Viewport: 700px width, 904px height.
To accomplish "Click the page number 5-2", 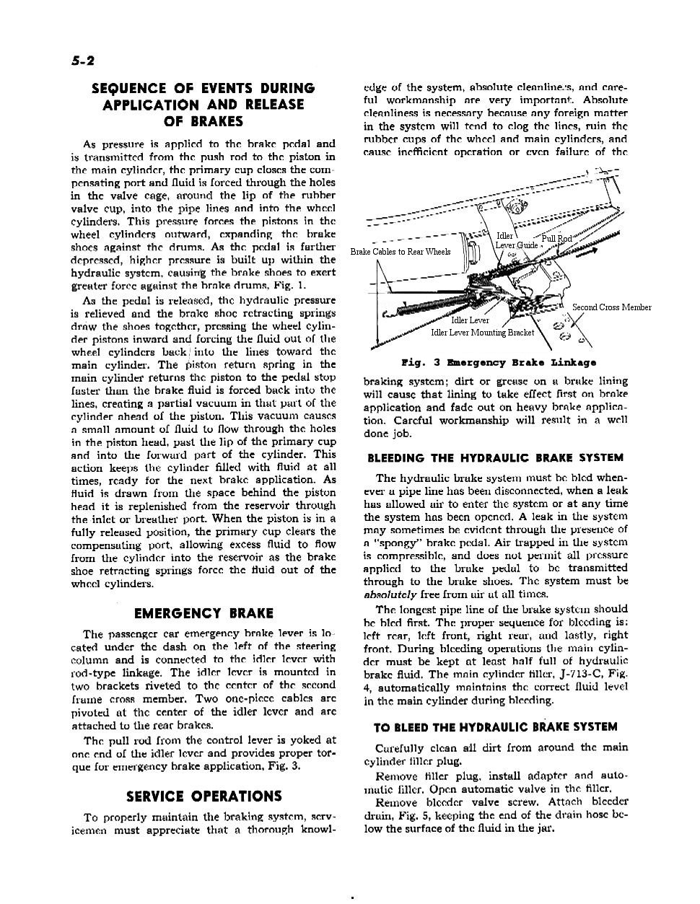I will [x=83, y=62].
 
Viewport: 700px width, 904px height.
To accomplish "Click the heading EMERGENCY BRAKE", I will [x=204, y=614].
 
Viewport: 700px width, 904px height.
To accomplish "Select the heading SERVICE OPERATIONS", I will [x=204, y=797].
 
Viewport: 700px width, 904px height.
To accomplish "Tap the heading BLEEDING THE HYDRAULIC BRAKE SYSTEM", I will [x=495, y=458].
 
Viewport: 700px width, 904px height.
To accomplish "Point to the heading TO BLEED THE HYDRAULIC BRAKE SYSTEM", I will [x=495, y=727].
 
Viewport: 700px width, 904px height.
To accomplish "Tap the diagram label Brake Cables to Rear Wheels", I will [x=401, y=252].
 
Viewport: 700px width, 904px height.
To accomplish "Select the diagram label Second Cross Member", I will [x=611, y=307].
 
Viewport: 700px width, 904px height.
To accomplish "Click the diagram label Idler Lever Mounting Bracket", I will [x=482, y=333].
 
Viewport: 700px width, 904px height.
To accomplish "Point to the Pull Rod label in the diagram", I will [x=556, y=238].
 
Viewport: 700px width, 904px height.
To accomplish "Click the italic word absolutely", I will [x=390, y=594].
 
